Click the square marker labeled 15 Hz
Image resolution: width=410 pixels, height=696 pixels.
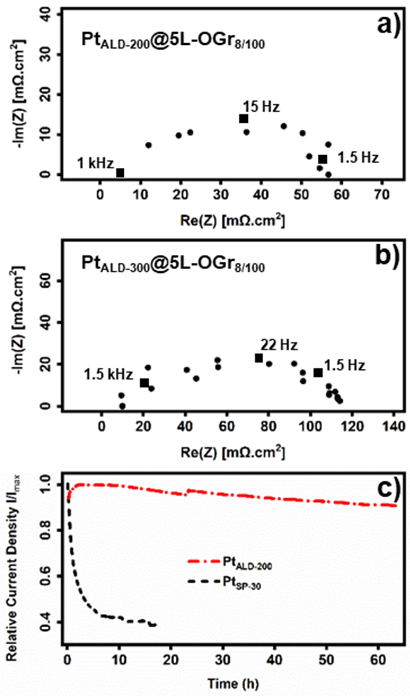243,119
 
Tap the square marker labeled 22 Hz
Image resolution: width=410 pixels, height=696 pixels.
259,358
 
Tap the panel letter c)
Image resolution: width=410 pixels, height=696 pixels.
388,489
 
